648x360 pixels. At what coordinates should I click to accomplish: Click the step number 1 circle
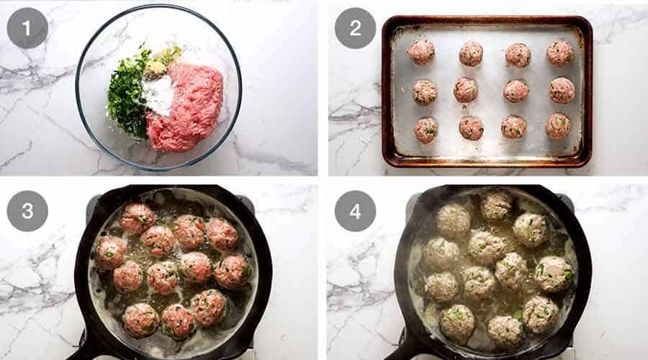[27, 28]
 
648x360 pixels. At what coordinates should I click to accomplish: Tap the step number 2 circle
[355, 28]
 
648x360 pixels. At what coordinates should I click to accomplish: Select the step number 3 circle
[27, 211]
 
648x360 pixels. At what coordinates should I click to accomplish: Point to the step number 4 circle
[355, 211]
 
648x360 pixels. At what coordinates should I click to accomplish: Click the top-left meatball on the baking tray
[421, 52]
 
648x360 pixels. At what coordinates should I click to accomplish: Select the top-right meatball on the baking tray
[559, 53]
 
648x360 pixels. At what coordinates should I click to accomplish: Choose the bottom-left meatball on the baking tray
[426, 130]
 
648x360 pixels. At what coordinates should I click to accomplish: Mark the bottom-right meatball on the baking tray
[557, 126]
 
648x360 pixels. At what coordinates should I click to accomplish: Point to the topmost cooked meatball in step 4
[496, 205]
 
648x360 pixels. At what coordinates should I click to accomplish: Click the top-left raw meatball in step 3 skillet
[137, 217]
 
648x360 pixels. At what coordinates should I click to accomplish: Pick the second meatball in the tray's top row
[471, 53]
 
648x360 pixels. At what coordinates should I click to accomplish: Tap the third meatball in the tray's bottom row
[513, 127]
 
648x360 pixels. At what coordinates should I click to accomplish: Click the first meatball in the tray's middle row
[425, 92]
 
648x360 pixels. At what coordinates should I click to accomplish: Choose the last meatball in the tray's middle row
[562, 90]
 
